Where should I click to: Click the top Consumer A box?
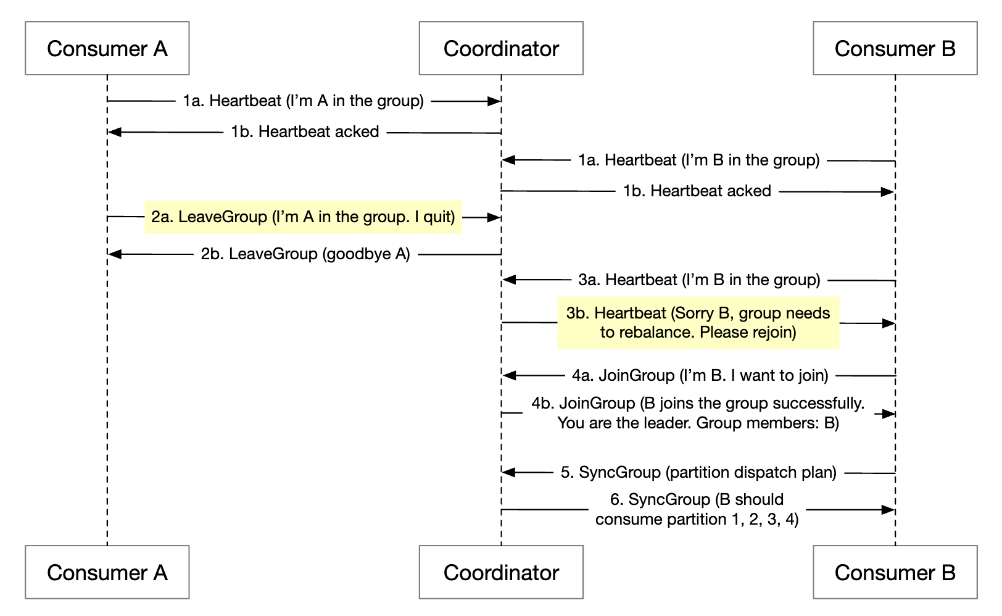pos(107,48)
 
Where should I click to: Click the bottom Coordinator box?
pos(500,572)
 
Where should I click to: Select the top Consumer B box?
pos(895,48)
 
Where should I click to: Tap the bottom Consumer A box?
pos(107,572)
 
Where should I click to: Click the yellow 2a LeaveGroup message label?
pos(303,217)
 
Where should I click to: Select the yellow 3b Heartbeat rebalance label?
pos(698,323)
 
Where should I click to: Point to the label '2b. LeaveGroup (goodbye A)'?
pos(305,254)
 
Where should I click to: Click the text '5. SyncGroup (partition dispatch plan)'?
pos(698,473)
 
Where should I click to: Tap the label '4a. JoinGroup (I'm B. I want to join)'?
pos(700,375)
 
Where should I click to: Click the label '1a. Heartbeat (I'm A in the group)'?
pos(303,101)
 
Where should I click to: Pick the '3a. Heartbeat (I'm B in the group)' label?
pos(698,280)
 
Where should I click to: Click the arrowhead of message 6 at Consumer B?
pos(888,510)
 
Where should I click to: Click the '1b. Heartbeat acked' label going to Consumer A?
pos(305,132)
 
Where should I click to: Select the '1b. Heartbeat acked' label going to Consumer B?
pos(697,191)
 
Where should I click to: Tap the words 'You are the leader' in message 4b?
pos(624,423)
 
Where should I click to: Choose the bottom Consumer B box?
pos(895,572)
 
